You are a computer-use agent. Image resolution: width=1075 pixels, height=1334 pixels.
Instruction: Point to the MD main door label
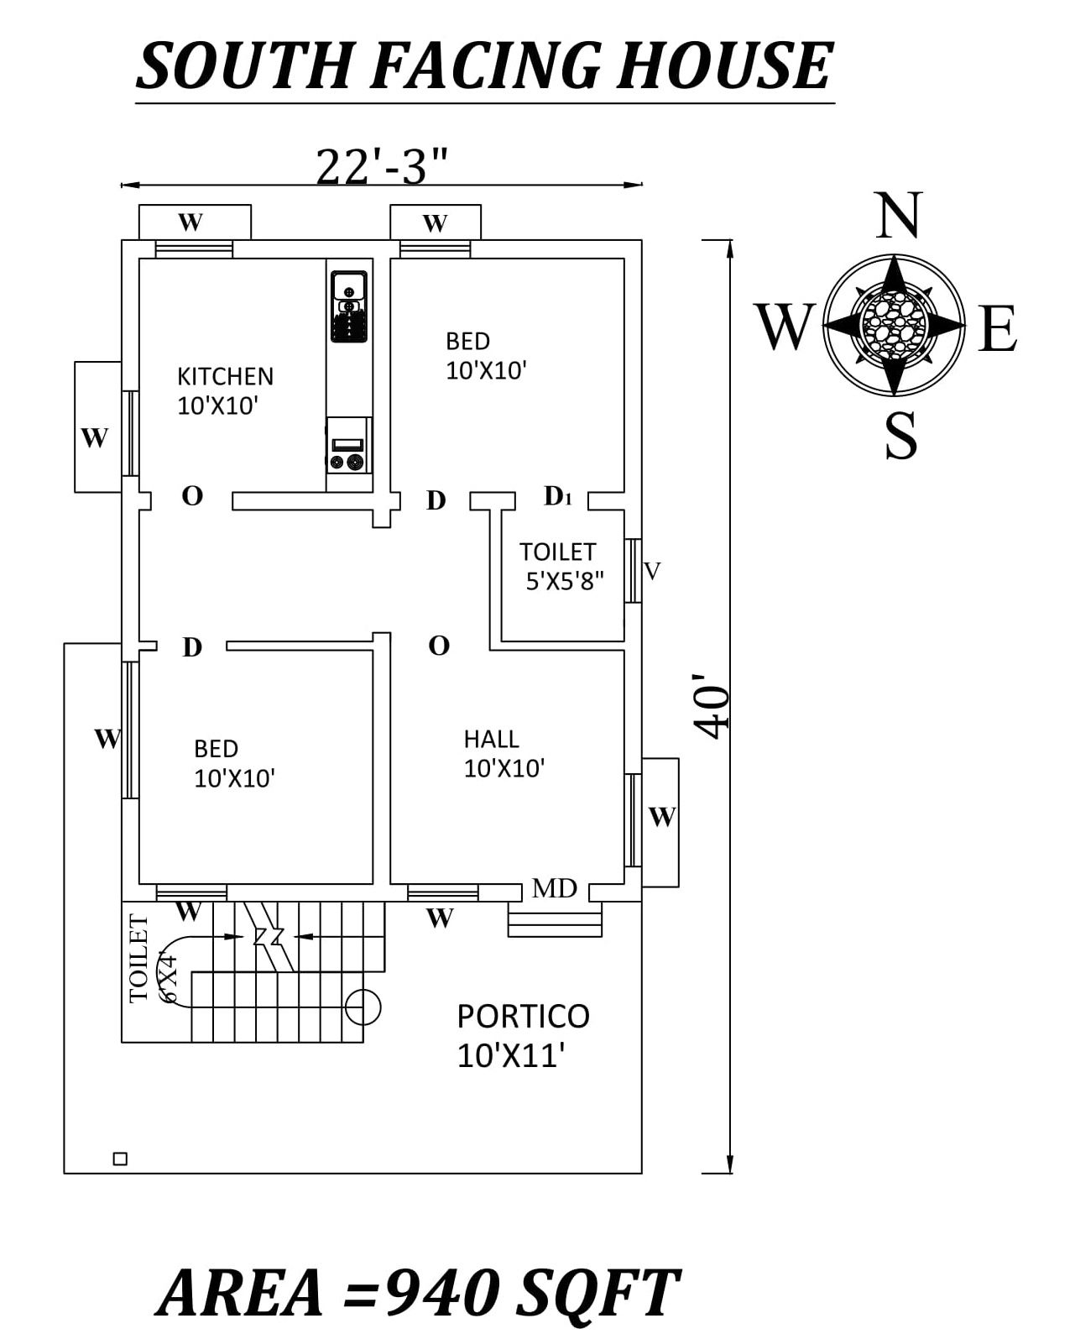(x=555, y=887)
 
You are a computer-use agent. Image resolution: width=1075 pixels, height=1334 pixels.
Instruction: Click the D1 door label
(x=557, y=496)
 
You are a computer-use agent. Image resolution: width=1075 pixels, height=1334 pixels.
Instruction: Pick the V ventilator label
(x=652, y=571)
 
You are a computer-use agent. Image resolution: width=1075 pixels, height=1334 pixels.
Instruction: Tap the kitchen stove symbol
(x=348, y=453)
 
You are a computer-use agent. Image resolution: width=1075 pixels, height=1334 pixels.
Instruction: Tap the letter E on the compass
(x=998, y=328)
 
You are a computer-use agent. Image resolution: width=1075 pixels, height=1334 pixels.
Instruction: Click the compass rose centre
(x=894, y=324)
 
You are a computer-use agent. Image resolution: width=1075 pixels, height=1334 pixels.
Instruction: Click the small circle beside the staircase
(x=363, y=1006)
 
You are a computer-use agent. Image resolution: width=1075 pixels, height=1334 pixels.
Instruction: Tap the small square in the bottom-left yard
(x=120, y=1159)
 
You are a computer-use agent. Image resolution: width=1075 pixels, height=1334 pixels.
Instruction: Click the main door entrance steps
(x=555, y=921)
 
